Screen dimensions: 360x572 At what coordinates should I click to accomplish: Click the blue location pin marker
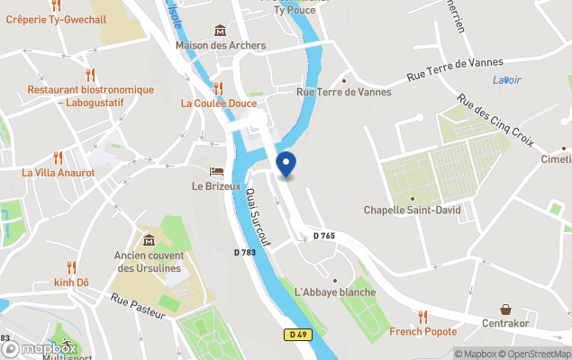tap(285, 165)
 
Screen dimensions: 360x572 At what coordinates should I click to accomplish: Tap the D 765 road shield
tap(324, 236)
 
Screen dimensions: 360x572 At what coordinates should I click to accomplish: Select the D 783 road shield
tap(245, 254)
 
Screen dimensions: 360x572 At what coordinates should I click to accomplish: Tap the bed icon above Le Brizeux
tap(216, 171)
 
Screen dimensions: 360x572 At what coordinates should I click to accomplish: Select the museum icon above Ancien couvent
tap(149, 239)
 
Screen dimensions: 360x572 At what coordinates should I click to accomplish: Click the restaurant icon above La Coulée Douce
tap(218, 87)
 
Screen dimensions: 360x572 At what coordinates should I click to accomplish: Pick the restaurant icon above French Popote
tap(422, 316)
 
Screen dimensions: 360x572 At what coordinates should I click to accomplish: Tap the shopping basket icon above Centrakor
tap(505, 309)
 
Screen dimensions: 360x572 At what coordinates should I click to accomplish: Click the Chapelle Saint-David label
tap(412, 211)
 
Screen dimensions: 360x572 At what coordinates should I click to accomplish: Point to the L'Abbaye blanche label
tap(334, 292)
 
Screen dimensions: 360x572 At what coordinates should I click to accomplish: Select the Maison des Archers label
tap(221, 45)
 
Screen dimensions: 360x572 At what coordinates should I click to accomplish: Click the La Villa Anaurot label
tap(59, 172)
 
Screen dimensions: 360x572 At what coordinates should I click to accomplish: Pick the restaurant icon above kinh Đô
tap(71, 266)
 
